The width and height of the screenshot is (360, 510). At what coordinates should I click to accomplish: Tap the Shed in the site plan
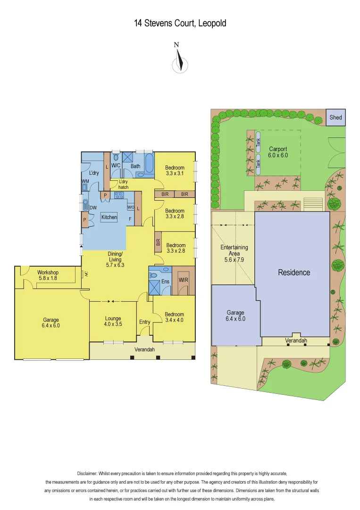[335, 118]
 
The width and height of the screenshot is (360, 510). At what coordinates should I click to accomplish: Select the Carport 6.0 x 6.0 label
[278, 152]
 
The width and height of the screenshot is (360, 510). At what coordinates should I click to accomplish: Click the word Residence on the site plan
[294, 272]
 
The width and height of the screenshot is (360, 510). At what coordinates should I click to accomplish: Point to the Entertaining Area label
[234, 254]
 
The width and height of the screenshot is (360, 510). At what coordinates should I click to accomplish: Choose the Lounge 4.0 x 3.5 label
[113, 322]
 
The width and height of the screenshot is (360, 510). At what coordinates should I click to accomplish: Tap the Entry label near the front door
[144, 322]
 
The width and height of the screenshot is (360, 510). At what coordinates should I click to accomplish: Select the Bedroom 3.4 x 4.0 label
[174, 317]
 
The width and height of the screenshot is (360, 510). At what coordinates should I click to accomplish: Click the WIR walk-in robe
[184, 280]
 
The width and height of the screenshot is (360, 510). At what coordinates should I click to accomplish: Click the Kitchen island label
[109, 217]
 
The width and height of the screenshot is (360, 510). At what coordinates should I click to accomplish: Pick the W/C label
[116, 166]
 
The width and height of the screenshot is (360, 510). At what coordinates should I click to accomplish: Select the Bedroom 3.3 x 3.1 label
[175, 170]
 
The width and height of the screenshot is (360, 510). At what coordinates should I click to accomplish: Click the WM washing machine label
[85, 181]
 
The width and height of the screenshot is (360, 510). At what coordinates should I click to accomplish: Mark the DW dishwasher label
[93, 207]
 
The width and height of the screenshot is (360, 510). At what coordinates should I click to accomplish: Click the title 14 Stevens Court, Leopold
[180, 23]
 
